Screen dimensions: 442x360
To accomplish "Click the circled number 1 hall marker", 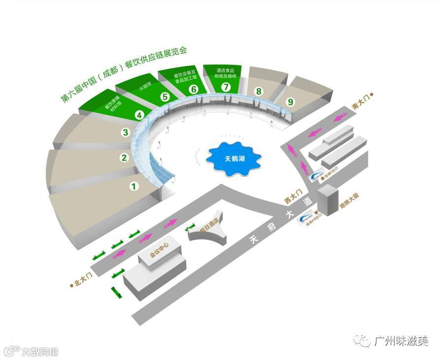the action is (133, 186).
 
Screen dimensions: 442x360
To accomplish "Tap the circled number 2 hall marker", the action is (124, 158).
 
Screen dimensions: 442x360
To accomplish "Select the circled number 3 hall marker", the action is (126, 132).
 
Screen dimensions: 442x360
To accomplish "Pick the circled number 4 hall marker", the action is (140, 115).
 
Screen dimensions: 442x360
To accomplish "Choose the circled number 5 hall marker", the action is (165, 97).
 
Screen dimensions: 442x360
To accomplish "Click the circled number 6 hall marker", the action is (193, 89).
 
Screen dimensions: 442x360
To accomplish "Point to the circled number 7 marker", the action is (226, 87).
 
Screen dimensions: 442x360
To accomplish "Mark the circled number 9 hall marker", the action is (290, 102).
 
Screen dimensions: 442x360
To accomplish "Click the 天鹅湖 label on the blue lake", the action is (233, 159).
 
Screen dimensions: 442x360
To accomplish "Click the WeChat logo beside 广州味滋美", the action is (364, 340).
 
